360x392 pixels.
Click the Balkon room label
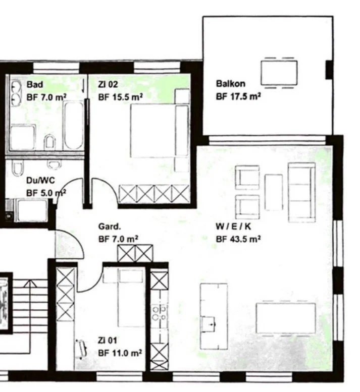[230, 84]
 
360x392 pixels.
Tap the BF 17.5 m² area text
[238, 96]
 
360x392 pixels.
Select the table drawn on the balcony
[279, 73]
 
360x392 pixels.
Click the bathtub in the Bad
[73, 125]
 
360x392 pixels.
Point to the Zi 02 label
[108, 84]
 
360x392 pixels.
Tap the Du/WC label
[40, 180]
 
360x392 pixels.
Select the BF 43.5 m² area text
[238, 239]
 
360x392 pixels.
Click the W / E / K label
[233, 226]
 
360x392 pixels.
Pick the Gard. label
[110, 227]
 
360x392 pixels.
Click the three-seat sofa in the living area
[302, 192]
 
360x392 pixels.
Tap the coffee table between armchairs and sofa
[274, 192]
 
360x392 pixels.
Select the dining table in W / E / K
[286, 318]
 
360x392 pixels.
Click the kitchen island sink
[208, 324]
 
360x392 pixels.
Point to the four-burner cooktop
[160, 313]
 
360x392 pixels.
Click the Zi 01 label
[108, 340]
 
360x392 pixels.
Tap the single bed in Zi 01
[131, 298]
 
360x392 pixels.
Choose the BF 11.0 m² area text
[120, 353]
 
